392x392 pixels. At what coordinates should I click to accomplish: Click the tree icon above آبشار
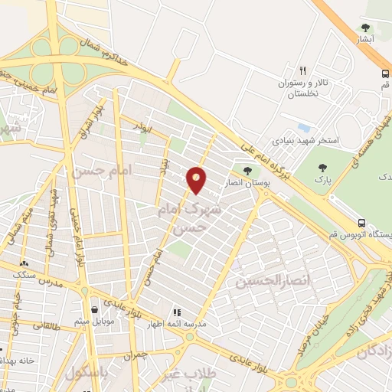(365, 28)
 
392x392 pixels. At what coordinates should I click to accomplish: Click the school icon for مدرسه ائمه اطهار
(178, 312)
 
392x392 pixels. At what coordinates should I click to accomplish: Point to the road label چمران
(133, 354)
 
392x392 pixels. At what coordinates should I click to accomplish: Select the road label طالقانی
(45, 324)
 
